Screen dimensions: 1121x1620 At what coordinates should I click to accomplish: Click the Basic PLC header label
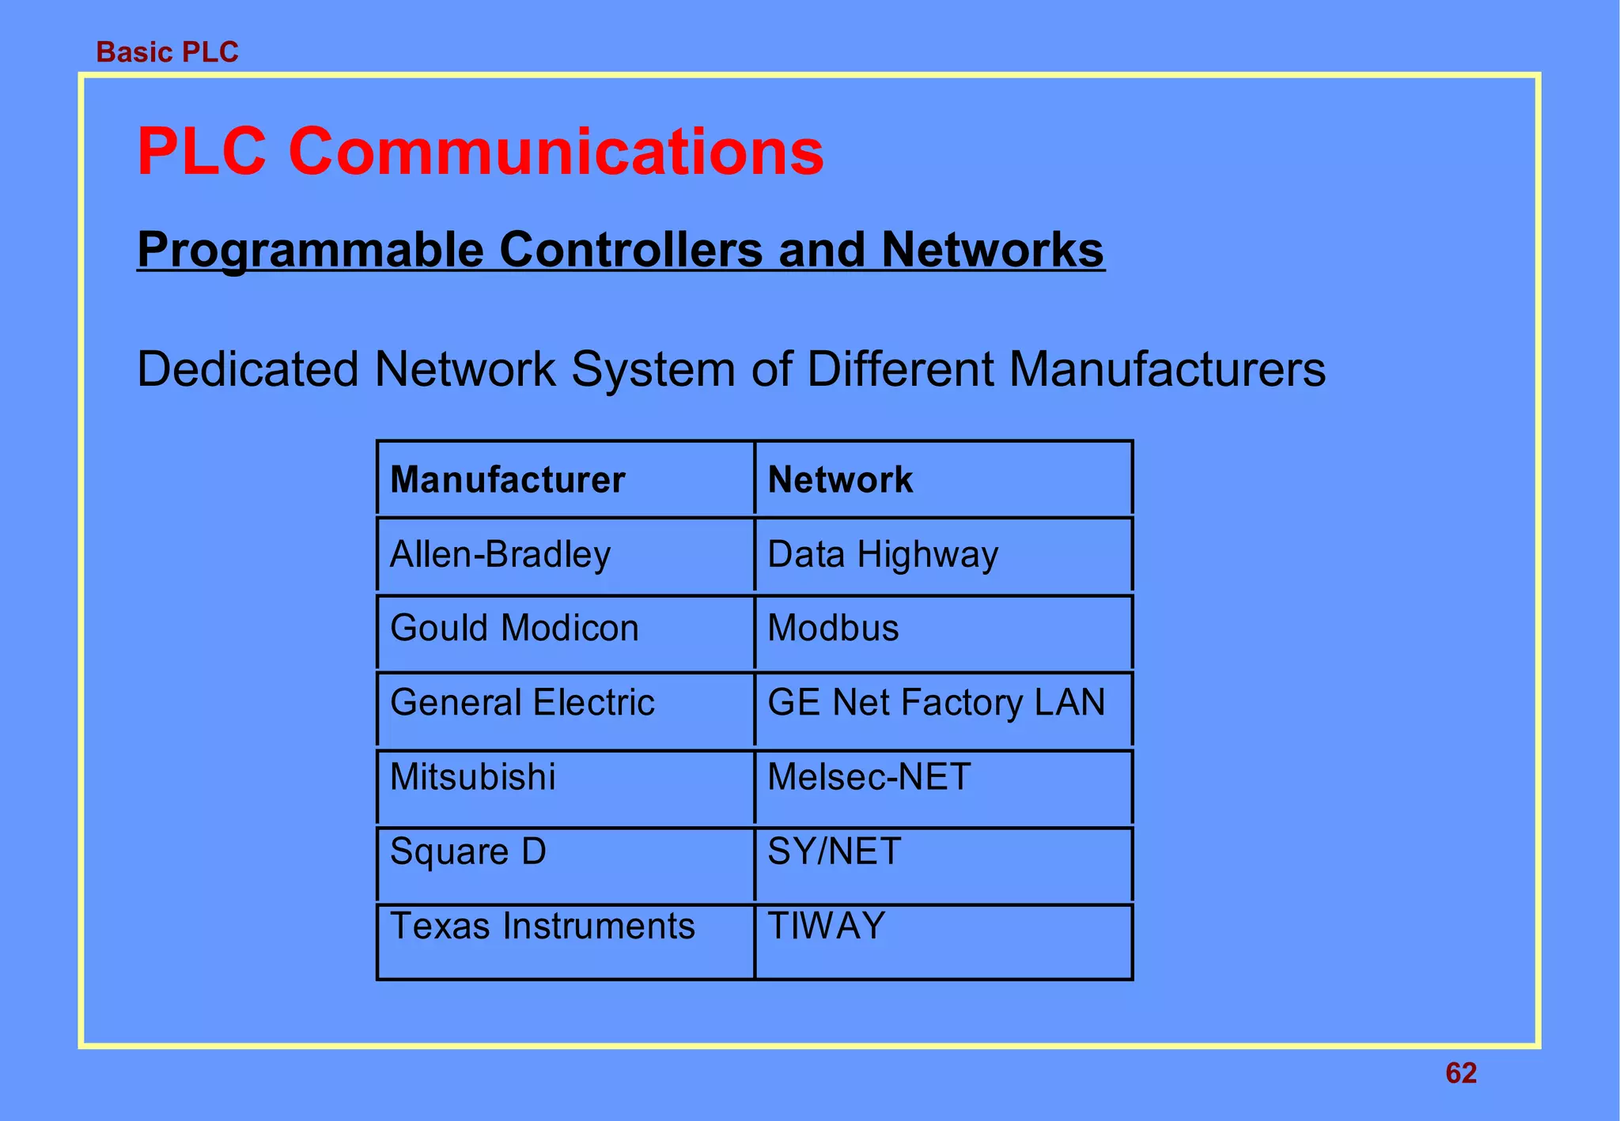coord(167,52)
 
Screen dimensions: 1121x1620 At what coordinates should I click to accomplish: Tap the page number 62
coord(1460,1073)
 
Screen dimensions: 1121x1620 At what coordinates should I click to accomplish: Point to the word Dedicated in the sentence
coord(247,369)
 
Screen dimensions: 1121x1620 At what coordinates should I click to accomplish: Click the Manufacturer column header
coord(507,480)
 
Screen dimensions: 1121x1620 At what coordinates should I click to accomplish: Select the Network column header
coord(840,480)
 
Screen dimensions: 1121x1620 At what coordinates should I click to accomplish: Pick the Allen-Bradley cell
coord(500,554)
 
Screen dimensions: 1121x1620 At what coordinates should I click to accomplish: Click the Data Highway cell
coord(883,554)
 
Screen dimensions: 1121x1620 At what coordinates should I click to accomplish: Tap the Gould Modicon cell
coord(514,628)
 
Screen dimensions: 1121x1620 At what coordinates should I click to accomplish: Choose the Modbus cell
coord(833,628)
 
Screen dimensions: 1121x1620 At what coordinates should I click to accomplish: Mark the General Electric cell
coord(522,703)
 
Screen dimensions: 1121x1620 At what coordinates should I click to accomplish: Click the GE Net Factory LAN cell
coord(936,703)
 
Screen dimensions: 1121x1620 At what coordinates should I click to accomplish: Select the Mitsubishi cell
coord(472,777)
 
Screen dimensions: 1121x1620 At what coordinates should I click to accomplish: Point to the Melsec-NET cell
coord(869,777)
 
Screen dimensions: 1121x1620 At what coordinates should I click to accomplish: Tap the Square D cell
coord(467,852)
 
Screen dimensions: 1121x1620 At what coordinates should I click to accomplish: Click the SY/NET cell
coord(834,852)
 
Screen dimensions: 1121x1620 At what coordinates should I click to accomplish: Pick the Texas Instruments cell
coord(542,927)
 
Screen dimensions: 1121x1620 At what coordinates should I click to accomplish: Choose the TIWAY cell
coord(826,927)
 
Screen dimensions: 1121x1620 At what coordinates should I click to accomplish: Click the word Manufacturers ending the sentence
coord(1166,369)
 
